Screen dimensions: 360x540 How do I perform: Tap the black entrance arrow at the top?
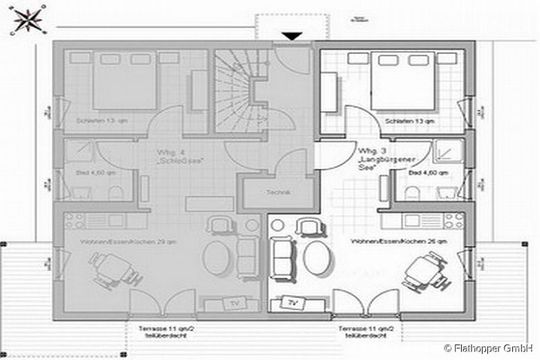tap(292, 36)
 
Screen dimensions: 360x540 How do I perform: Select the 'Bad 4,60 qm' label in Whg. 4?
tap(87, 172)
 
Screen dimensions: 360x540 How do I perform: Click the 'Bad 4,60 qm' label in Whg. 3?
tap(428, 172)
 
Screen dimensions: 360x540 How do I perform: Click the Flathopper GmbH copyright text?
tap(489, 348)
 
